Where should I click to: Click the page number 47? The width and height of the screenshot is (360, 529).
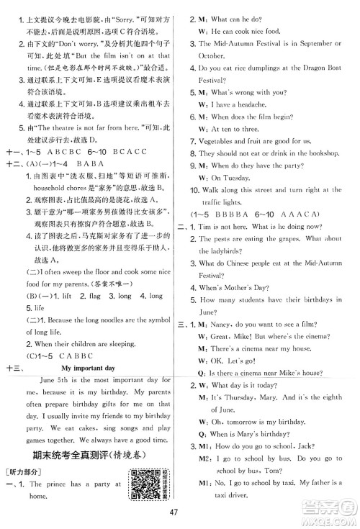pos(180,512)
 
